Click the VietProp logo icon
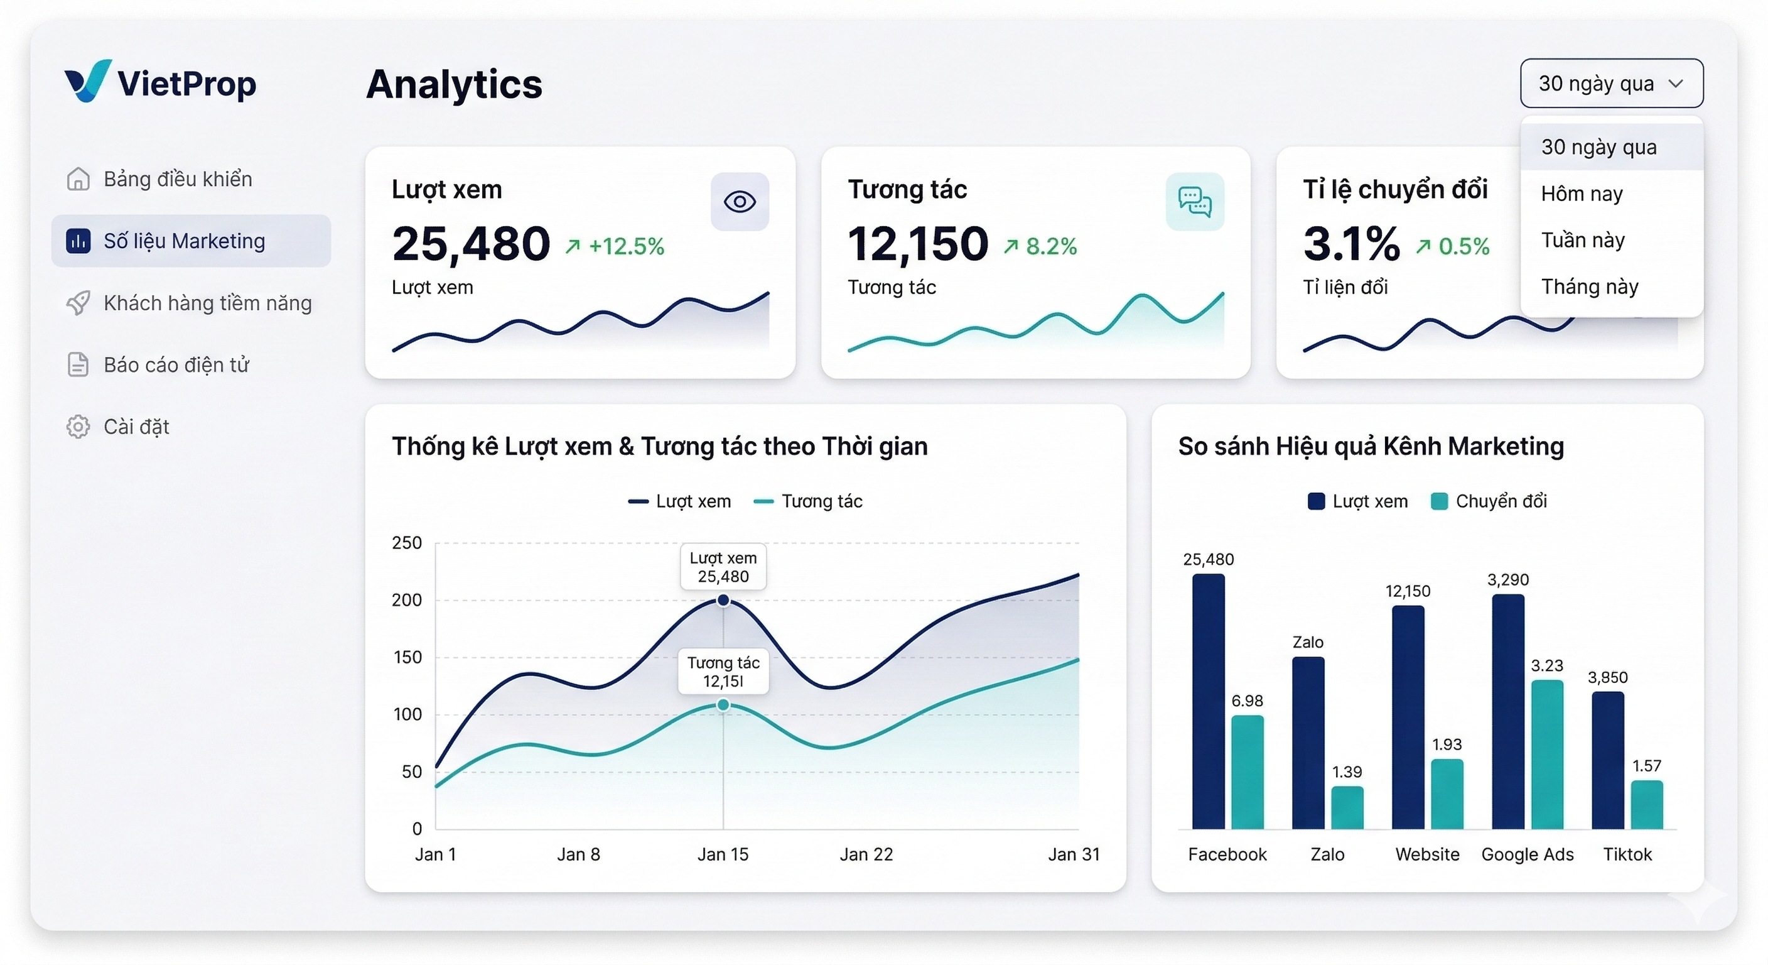pos(87,81)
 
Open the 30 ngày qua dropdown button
pos(1610,83)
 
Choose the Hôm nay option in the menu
pos(1582,194)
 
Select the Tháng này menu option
pos(1589,286)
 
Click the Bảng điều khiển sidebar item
pos(177,179)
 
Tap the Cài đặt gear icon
pos(78,427)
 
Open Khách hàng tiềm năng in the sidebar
pos(207,303)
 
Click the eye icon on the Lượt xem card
pos(739,202)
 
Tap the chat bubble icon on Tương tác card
pos(1194,202)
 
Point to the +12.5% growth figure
pos(625,246)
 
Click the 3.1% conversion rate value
pos(1350,244)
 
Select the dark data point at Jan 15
pos(723,600)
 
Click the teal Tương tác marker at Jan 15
pos(723,705)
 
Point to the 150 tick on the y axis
pos(407,657)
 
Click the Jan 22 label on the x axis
pos(866,854)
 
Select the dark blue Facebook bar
pos(1208,701)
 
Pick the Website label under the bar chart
pos(1427,854)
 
